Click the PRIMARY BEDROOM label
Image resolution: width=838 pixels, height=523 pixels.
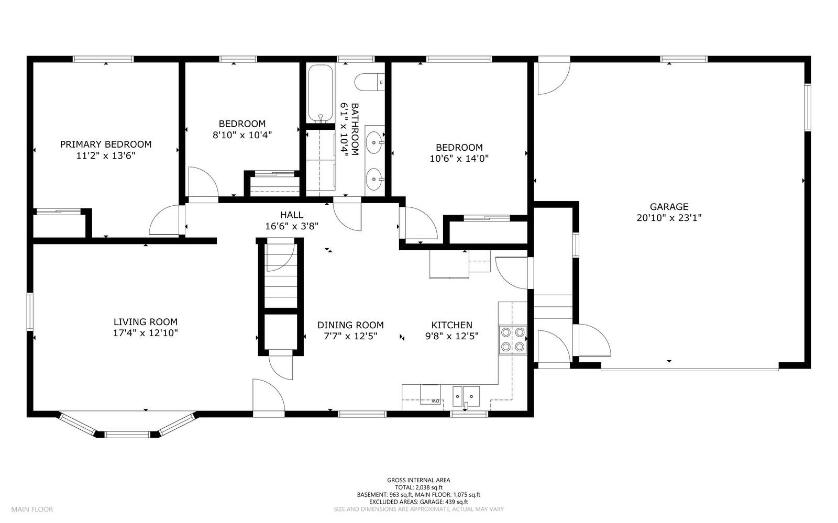click(x=106, y=144)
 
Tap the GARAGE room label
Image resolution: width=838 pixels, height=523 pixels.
click(x=669, y=207)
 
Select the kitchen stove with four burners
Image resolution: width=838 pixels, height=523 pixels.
click(x=513, y=339)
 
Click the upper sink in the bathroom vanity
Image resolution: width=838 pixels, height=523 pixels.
click(x=374, y=141)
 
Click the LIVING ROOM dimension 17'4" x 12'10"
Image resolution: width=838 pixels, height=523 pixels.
click(x=146, y=333)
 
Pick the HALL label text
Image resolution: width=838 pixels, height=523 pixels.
click(x=291, y=215)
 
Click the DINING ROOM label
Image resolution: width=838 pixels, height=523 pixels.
click(x=350, y=325)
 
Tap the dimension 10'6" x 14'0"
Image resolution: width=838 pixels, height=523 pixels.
click(x=459, y=158)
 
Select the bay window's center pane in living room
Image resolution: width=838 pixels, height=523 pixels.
click(x=128, y=434)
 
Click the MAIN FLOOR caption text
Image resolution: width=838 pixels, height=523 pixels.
click(x=32, y=509)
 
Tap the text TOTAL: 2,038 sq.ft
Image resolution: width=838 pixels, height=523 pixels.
click(x=418, y=487)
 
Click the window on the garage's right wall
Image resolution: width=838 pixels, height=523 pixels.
click(x=807, y=107)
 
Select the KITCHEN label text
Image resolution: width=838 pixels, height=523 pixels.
click(x=451, y=325)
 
